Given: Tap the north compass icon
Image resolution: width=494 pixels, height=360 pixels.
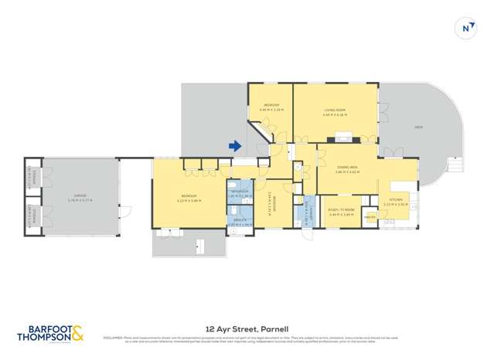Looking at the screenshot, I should click(x=466, y=29).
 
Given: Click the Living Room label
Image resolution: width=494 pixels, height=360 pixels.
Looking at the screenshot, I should click(x=336, y=114).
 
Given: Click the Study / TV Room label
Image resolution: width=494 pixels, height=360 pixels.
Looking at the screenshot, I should click(x=341, y=212).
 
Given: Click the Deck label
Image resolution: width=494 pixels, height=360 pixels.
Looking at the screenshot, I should click(x=418, y=127).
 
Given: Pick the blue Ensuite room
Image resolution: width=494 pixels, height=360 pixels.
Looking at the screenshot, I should click(x=239, y=221).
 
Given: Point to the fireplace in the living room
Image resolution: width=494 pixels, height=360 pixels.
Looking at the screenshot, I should click(x=340, y=140).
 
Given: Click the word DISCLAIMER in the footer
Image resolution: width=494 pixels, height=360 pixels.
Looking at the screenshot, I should click(x=114, y=338).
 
